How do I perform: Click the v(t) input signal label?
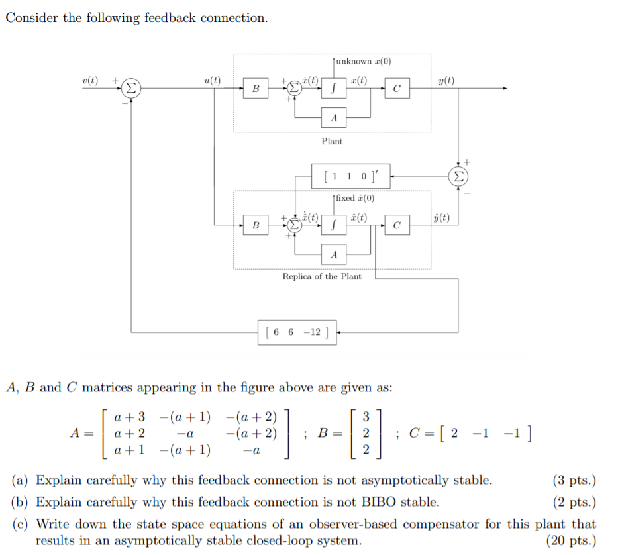[89, 81]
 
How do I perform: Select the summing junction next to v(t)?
[131, 88]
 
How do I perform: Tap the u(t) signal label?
[212, 81]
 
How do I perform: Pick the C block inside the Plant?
[396, 89]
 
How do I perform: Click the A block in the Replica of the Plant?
[334, 254]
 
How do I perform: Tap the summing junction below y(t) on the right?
[458, 176]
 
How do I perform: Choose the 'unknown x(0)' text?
[364, 62]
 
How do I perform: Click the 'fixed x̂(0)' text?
[355, 199]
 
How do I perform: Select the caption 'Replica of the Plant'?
[322, 276]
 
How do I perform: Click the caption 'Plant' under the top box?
[332, 141]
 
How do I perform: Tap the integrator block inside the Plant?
[335, 89]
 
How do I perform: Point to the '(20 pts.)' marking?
[571, 540]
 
